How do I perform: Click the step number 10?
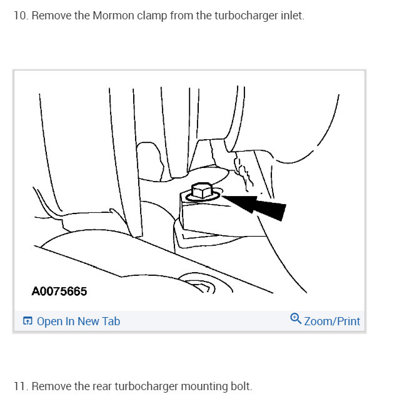(19, 15)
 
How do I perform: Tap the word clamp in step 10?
(149, 15)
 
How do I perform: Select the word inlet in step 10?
(290, 15)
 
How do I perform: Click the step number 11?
(19, 386)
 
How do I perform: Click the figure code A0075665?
(59, 291)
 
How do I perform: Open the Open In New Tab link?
(78, 321)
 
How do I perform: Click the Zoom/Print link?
(332, 321)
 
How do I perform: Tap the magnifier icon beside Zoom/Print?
(296, 320)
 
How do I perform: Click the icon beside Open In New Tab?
(28, 321)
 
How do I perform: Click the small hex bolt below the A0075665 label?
(203, 288)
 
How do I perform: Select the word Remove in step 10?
(48, 15)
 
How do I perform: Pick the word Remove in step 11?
(48, 386)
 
